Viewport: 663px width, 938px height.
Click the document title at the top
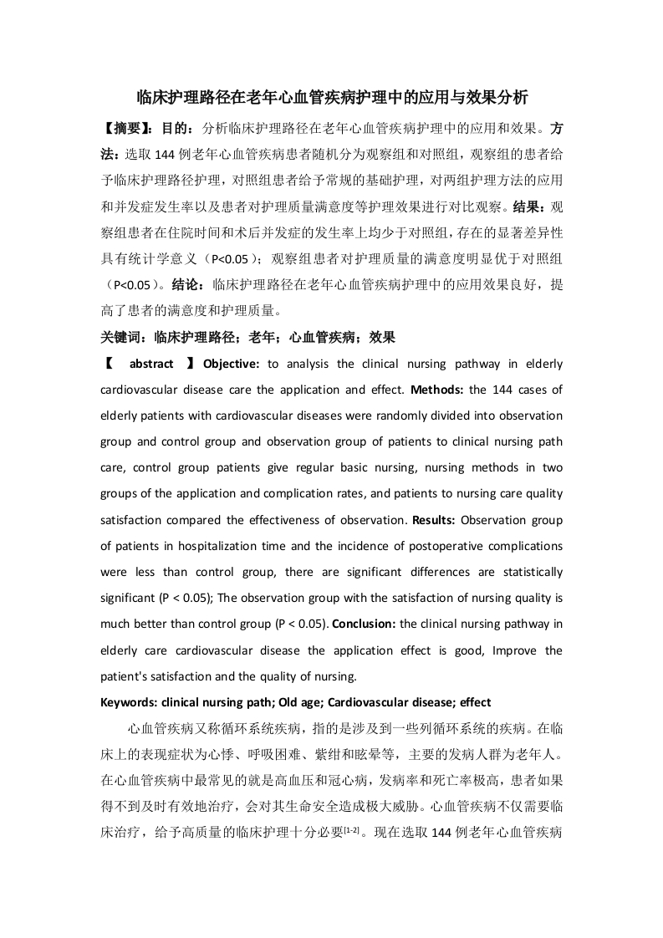[331, 97]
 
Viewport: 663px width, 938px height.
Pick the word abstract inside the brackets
[151, 364]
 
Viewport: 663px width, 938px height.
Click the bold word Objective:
[233, 364]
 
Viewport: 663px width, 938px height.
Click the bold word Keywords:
[130, 702]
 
